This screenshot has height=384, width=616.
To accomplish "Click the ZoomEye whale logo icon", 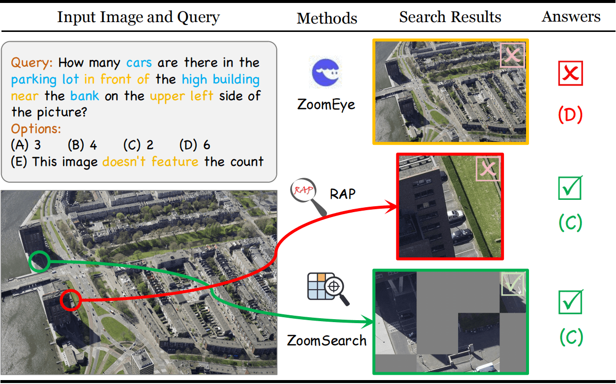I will click(326, 72).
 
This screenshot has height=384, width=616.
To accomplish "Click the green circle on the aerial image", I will click(39, 261).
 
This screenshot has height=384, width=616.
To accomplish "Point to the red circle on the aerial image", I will click(70, 300).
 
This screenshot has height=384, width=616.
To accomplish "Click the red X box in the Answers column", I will click(570, 73).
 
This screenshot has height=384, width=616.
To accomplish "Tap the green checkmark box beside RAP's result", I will click(571, 188).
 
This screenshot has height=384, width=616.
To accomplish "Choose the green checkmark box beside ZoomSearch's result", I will click(571, 302).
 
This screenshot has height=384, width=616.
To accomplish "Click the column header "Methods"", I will click(327, 19).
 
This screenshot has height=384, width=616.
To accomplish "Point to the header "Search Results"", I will click(450, 17).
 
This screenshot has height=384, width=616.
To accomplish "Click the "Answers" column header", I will click(571, 17).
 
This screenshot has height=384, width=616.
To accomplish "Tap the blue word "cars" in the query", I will click(139, 63).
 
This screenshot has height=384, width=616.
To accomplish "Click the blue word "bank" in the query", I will click(84, 96).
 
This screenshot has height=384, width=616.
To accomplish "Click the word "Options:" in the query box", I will click(36, 129).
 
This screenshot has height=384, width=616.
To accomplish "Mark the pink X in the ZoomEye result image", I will click(512, 55).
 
